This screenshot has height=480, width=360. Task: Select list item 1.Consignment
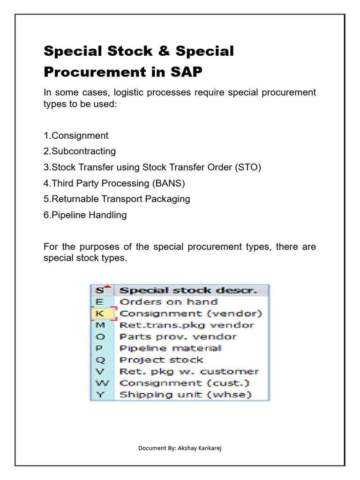click(x=76, y=136)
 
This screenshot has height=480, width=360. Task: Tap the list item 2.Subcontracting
click(x=80, y=151)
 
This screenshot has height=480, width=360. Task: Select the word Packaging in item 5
click(x=169, y=199)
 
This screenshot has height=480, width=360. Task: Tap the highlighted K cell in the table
click(x=101, y=313)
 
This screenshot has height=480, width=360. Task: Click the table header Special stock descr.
click(x=188, y=290)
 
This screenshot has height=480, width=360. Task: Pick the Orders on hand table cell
click(x=169, y=302)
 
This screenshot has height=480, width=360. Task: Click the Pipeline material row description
click(x=170, y=348)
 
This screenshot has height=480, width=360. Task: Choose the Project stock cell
click(x=161, y=360)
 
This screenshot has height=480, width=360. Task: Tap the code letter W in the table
click(x=101, y=383)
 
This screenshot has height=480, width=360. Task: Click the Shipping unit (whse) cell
click(x=186, y=395)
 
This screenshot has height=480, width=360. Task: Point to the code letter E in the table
click(x=100, y=302)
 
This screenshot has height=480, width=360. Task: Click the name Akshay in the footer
click(x=185, y=448)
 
